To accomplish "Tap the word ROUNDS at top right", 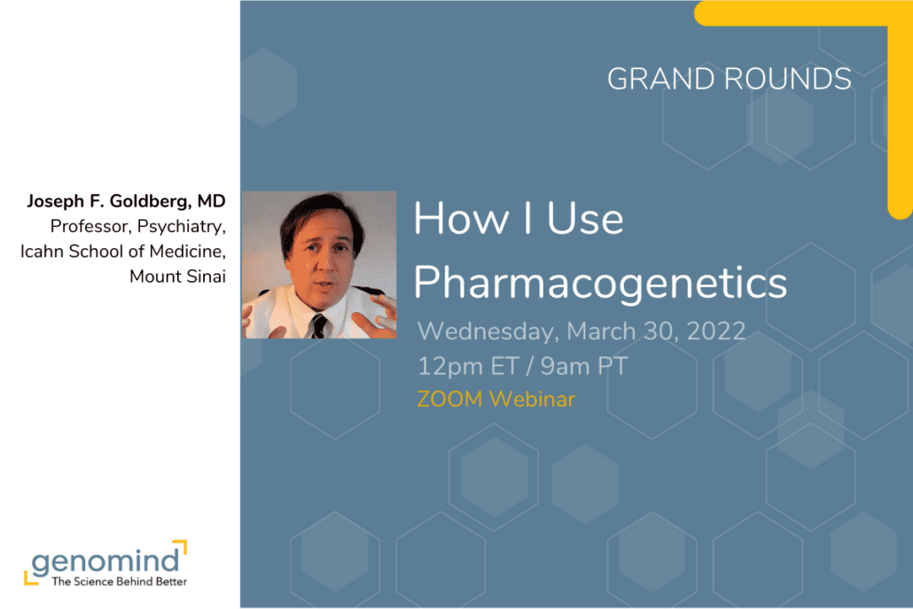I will point(788,79).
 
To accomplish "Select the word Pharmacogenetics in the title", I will point(600,282).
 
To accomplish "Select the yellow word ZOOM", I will point(449,399).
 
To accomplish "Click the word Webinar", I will point(532,399).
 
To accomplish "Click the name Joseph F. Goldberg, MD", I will point(127,202).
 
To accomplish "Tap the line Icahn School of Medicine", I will point(123,252).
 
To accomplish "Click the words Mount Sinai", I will point(177,277).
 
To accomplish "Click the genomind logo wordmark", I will point(105,560).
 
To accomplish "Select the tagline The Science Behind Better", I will point(119,582).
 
